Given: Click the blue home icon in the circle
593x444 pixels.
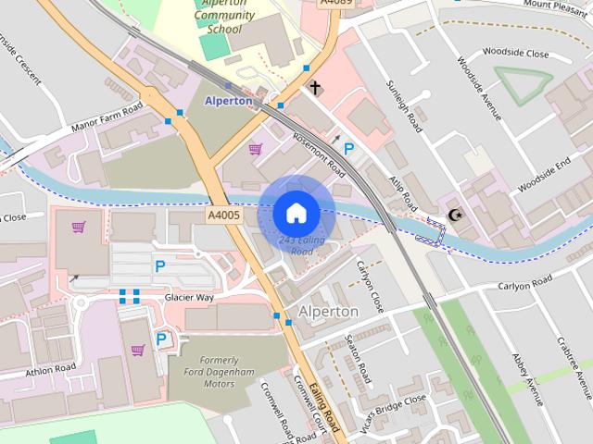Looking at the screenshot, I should (296, 214).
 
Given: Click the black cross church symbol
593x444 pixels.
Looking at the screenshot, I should (315, 88).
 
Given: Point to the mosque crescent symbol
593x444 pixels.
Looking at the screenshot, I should (454, 215).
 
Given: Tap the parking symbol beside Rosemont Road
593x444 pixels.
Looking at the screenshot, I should (349, 148).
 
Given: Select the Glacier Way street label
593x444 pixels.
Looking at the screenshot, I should (189, 297).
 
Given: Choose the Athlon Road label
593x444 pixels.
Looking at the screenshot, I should (50, 368).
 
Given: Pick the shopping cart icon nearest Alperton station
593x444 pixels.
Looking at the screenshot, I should (255, 148).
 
